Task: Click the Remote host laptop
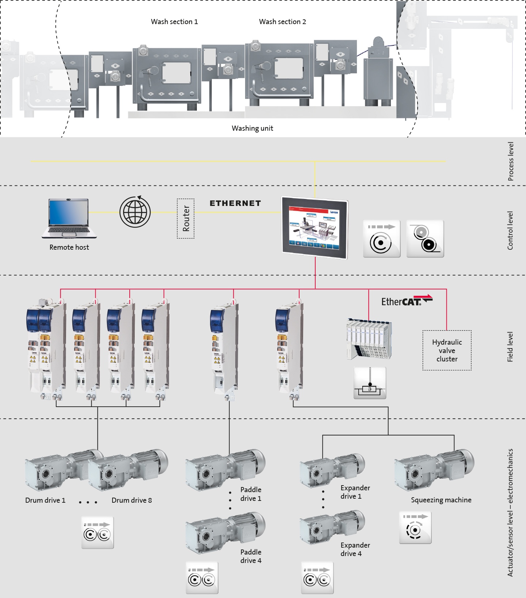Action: pyautogui.click(x=69, y=218)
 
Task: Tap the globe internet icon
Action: pyautogui.click(x=135, y=212)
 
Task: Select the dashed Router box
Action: pyautogui.click(x=186, y=218)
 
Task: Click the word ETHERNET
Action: pyautogui.click(x=235, y=203)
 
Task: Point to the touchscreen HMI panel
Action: pyautogui.click(x=315, y=228)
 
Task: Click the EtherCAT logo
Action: pyautogui.click(x=407, y=301)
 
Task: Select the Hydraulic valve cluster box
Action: pyautogui.click(x=447, y=350)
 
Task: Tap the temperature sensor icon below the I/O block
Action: pyautogui.click(x=370, y=383)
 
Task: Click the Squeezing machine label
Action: pyautogui.click(x=441, y=500)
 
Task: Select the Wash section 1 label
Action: pyautogui.click(x=174, y=22)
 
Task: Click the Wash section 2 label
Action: pyautogui.click(x=282, y=22)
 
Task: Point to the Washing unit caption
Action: pyautogui.click(x=252, y=129)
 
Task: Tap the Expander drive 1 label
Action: pyautogui.click(x=355, y=492)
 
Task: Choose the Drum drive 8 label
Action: pyautogui.click(x=131, y=501)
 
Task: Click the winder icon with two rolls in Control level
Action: pyautogui.click(x=425, y=238)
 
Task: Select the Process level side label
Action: pyautogui.click(x=511, y=161)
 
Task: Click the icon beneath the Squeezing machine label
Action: pyautogui.click(x=415, y=528)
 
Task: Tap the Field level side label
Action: pyautogui.click(x=510, y=347)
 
